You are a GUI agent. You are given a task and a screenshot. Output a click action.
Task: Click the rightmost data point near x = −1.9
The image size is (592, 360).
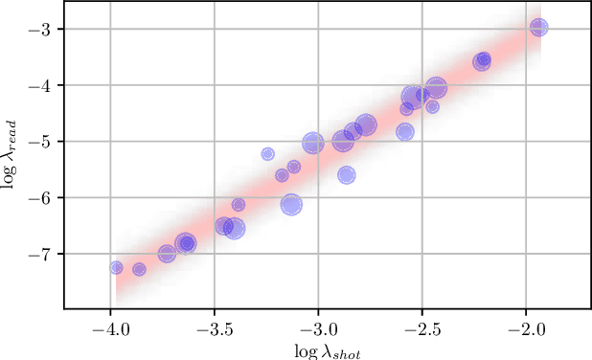coord(539,28)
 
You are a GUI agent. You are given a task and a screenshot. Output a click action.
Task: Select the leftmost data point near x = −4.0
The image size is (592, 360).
coord(116,267)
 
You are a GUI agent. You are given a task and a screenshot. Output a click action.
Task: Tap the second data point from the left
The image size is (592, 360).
coord(139,269)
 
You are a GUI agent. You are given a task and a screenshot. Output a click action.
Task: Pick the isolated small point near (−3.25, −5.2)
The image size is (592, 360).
coord(268,153)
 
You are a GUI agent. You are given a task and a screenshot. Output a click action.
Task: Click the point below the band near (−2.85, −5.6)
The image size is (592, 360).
coord(346,175)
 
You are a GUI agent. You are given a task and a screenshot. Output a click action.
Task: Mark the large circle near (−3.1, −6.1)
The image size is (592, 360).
coord(292,204)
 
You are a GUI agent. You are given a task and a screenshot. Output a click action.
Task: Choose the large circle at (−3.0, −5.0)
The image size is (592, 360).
coord(312,143)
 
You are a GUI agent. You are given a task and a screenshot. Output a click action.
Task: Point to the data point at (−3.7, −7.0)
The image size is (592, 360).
coord(167,254)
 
